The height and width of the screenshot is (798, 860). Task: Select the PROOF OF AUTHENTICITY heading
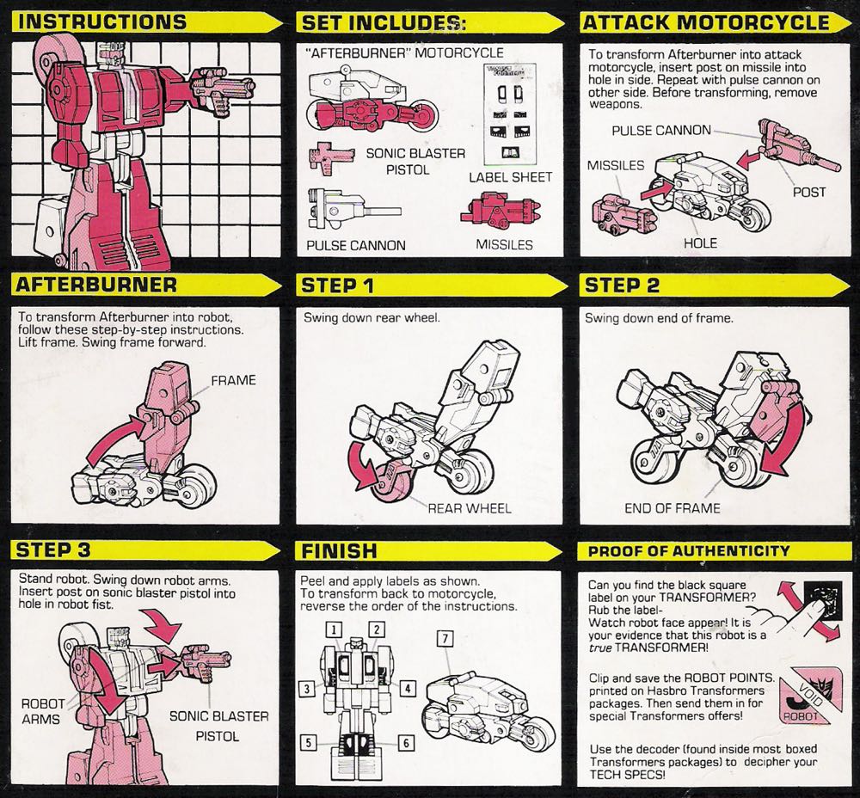[688, 550]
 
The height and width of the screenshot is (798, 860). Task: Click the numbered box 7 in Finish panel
[445, 638]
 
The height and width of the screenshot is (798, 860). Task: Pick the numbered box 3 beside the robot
[305, 687]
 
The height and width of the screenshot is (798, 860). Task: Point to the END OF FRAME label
[672, 507]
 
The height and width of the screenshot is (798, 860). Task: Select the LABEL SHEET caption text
[510, 177]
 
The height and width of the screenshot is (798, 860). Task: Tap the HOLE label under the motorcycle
[699, 243]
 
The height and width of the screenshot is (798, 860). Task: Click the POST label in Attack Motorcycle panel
[809, 192]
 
